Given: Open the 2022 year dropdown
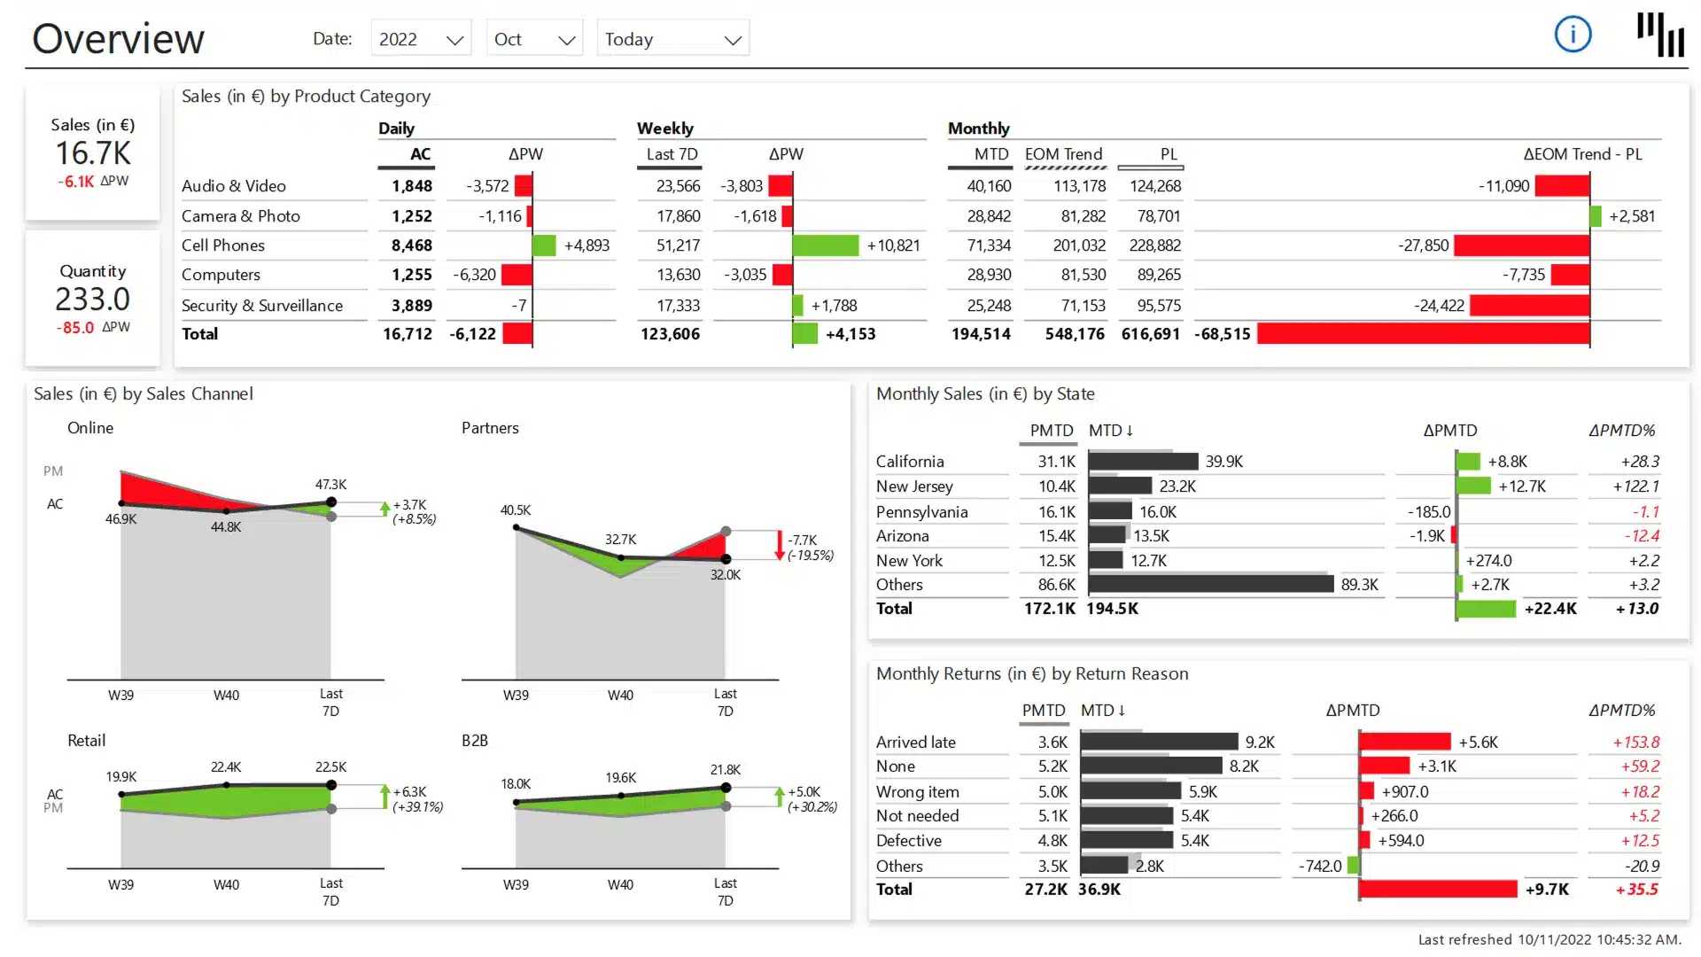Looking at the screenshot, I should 421,39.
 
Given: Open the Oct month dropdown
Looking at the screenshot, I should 534,39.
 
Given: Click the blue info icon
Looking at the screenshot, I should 1573,35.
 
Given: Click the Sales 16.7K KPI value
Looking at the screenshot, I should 93,153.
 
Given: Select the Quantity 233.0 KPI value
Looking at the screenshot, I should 92,300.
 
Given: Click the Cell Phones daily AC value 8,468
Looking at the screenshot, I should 411,245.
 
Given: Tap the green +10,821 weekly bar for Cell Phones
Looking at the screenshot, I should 825,245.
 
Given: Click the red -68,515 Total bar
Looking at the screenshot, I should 1423,334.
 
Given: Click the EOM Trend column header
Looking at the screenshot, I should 1063,154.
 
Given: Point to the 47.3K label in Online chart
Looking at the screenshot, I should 330,485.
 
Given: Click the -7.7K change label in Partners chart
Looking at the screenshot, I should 803,540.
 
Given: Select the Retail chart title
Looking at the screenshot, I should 86,741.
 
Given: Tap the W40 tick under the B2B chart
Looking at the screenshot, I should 620,884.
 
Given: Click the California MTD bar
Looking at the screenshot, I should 1143,462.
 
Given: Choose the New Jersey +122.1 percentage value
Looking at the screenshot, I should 1635,486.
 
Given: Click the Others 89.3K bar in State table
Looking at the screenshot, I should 1210,584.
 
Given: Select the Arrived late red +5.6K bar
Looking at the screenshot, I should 1405,742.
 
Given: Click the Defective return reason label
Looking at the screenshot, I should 908,841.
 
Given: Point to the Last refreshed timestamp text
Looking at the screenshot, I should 1549,939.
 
